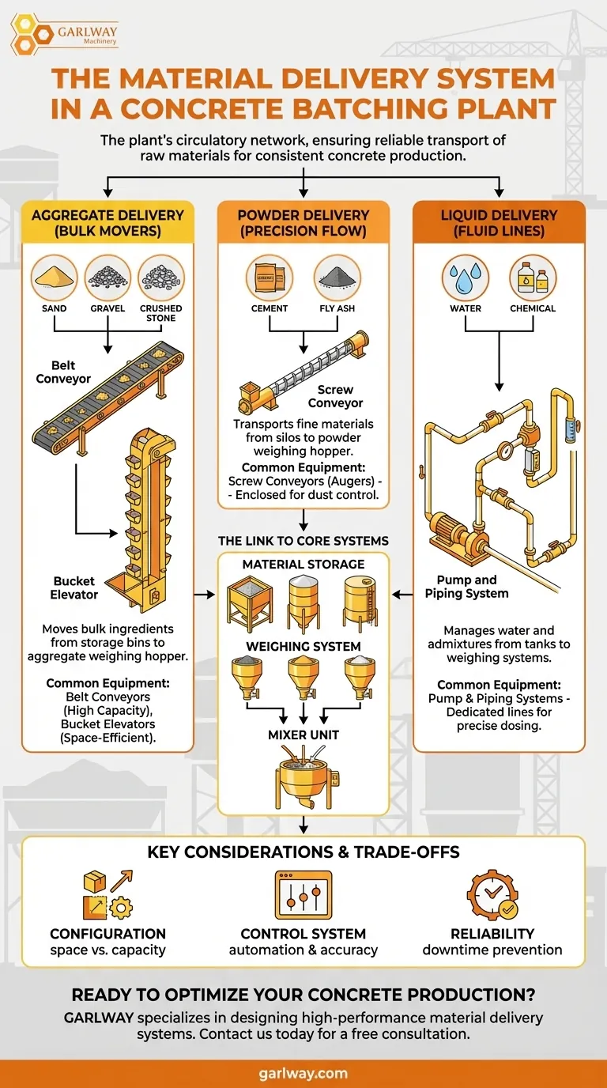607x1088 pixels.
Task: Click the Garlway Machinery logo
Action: tap(63, 32)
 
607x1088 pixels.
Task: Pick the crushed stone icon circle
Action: tap(161, 277)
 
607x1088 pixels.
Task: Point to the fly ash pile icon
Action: tap(337, 277)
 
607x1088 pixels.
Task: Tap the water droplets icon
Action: tap(466, 278)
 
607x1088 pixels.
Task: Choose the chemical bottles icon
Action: tap(533, 278)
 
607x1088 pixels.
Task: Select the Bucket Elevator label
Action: tap(76, 587)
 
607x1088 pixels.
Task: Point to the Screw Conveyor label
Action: tap(335, 396)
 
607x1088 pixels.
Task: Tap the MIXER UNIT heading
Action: tap(303, 735)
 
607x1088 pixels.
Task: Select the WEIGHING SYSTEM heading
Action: tap(303, 647)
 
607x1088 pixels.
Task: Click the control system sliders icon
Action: tap(303, 894)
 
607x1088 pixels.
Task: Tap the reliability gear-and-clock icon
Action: tap(492, 894)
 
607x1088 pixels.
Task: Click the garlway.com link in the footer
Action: tap(303, 1073)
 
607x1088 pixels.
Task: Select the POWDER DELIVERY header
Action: tap(303, 223)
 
